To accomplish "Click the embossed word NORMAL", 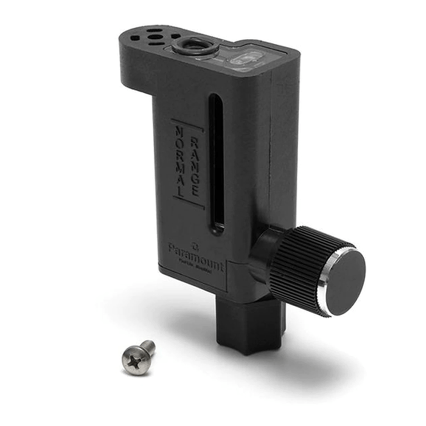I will pyautogui.click(x=182, y=163).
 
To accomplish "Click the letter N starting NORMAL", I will pyautogui.click(x=178, y=131).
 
